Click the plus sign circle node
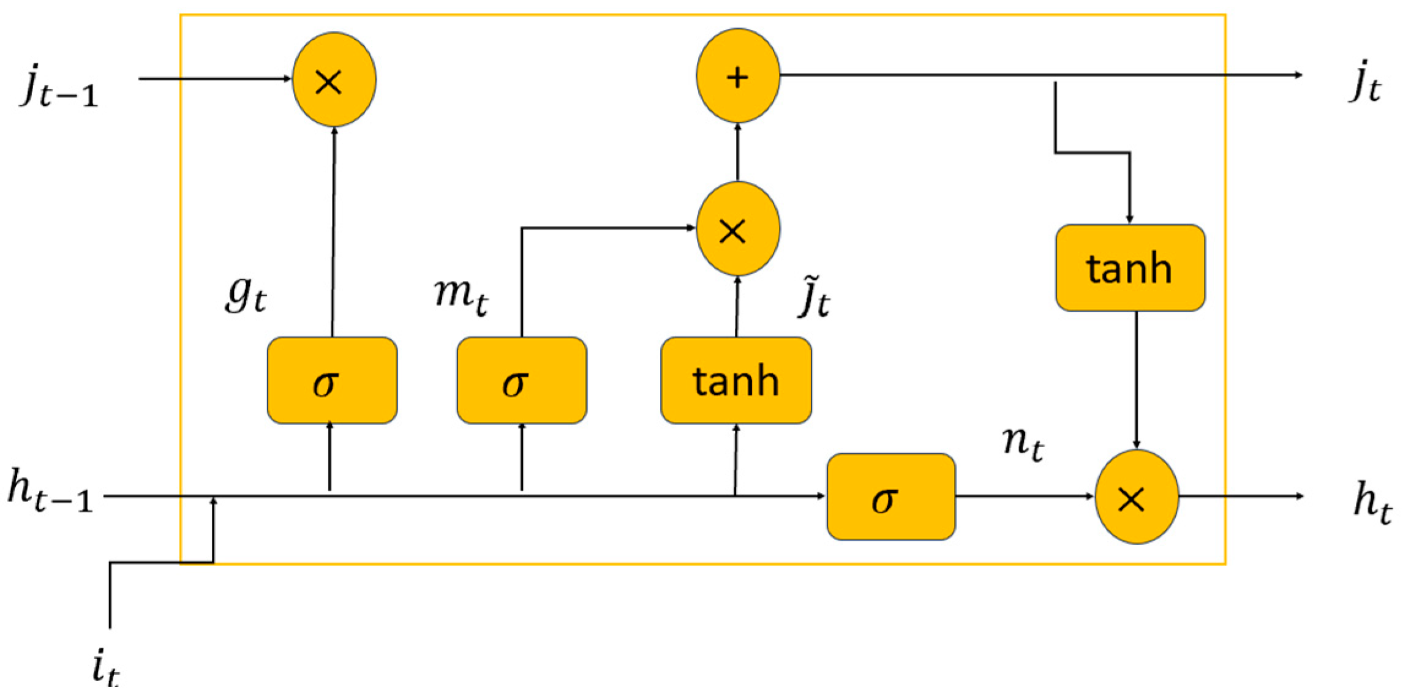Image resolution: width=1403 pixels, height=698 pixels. click(x=738, y=75)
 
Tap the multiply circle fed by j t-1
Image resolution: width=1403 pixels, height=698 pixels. click(x=334, y=80)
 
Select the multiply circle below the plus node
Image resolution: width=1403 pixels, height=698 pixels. click(x=738, y=229)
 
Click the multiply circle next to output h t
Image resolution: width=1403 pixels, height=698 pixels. click(x=1137, y=497)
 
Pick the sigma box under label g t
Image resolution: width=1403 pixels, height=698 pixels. click(x=332, y=380)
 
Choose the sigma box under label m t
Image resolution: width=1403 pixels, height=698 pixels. click(x=522, y=380)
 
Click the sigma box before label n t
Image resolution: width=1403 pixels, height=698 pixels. click(x=891, y=497)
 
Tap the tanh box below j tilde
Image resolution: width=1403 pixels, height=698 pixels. click(x=736, y=380)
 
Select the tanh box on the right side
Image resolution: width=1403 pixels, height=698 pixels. click(x=1130, y=268)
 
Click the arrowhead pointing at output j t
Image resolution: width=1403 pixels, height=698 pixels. click(x=1298, y=75)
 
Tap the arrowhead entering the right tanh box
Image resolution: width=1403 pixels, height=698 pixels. click(x=1130, y=219)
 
